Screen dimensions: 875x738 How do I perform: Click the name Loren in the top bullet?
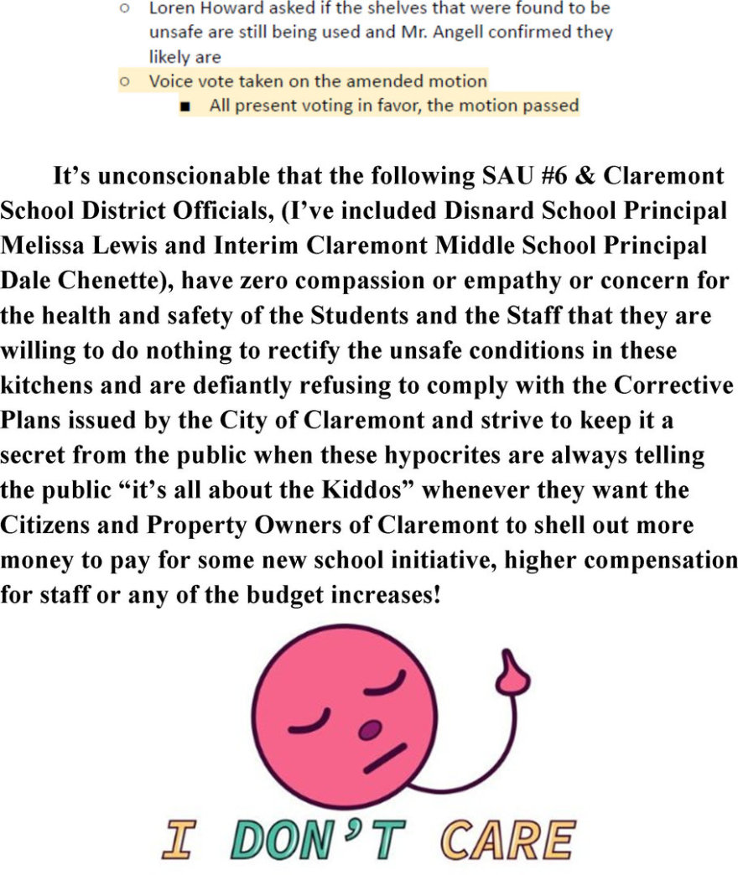point(169,9)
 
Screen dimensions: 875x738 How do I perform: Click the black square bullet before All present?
point(185,106)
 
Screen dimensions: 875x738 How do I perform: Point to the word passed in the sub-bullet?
point(549,106)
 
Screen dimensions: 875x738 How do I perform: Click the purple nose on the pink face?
point(368,731)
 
